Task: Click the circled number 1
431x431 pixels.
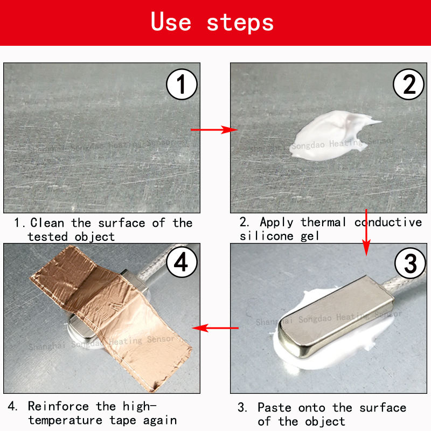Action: [x=182, y=84]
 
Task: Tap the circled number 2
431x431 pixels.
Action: [x=409, y=84]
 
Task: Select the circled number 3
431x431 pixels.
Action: [x=410, y=263]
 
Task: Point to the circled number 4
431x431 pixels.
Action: [x=182, y=262]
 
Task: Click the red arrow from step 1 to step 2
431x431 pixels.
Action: [x=214, y=130]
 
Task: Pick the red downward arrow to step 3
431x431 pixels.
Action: [x=366, y=233]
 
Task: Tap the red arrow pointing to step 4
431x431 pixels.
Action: [x=215, y=328]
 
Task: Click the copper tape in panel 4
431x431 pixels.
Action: [x=110, y=316]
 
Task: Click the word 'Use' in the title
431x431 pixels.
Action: [x=171, y=22]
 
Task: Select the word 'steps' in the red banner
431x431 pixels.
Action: [x=240, y=23]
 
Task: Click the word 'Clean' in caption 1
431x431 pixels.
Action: [x=47, y=223]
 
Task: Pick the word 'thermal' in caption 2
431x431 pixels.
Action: [x=323, y=222]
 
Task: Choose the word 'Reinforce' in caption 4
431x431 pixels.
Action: [x=58, y=406]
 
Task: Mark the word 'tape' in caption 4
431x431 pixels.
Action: [x=123, y=421]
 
